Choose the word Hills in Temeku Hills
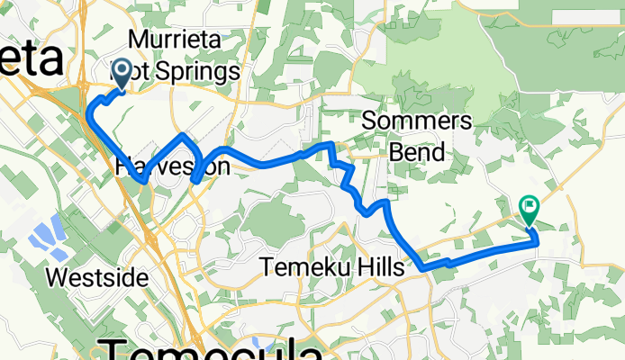click(x=384, y=266)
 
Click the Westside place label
click(x=96, y=277)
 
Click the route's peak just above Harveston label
click(x=185, y=136)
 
